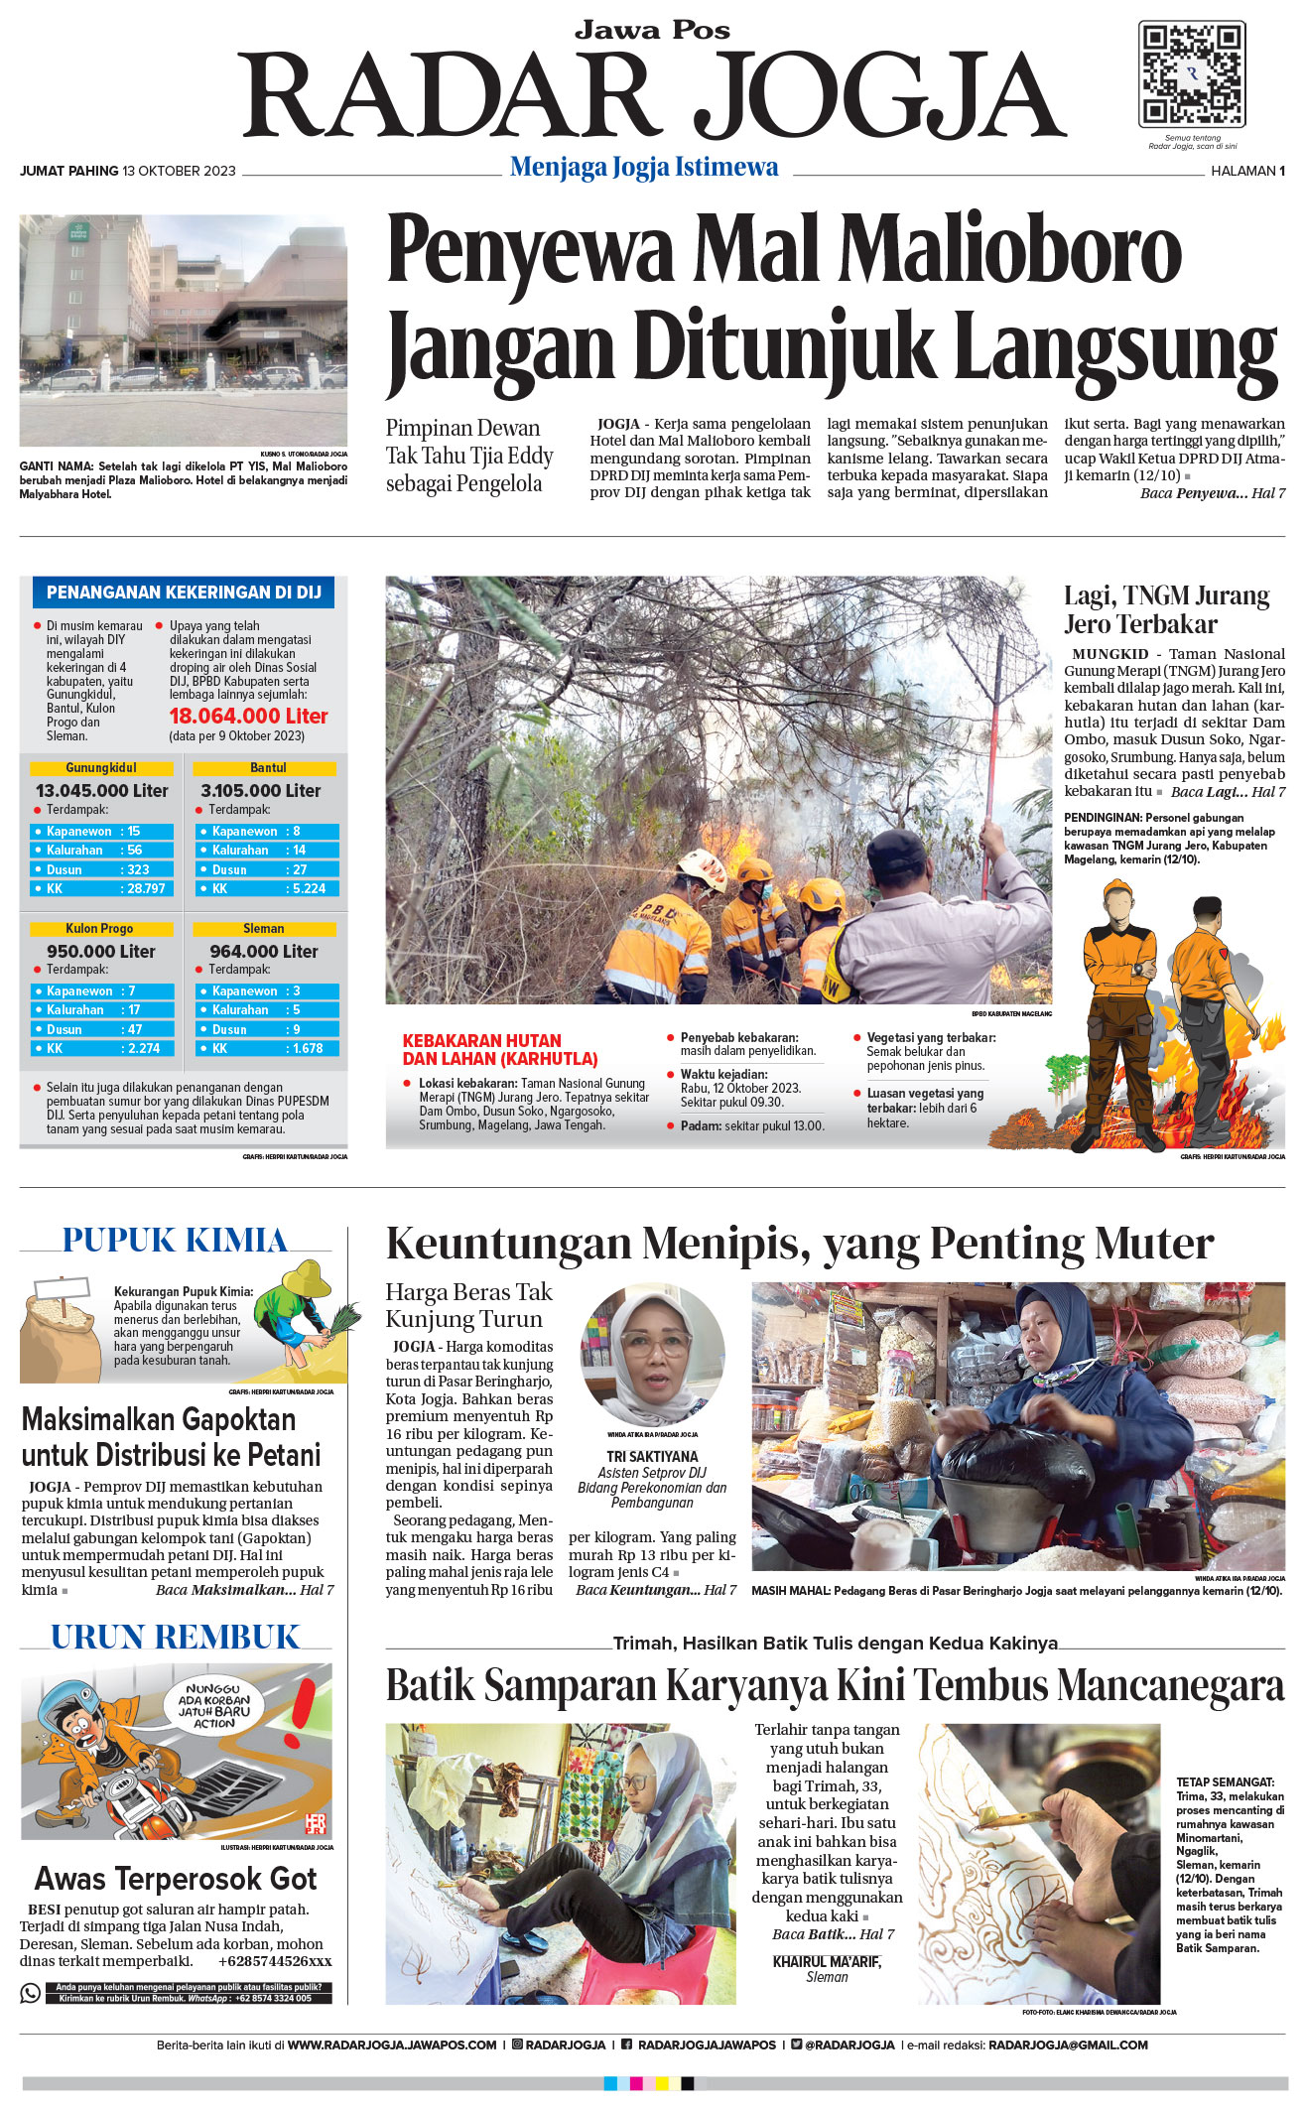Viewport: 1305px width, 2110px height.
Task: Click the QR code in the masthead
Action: (x=1192, y=73)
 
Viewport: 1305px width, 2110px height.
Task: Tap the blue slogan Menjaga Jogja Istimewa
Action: (x=644, y=167)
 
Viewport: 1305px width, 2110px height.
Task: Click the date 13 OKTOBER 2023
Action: (x=179, y=171)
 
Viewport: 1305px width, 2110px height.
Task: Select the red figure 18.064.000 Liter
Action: (x=248, y=716)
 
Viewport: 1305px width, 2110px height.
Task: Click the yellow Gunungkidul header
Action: (x=101, y=768)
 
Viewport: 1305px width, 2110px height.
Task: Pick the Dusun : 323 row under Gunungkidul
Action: (x=101, y=869)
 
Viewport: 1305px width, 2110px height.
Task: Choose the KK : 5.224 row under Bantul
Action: (x=267, y=888)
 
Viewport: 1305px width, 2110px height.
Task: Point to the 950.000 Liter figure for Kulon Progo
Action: (x=101, y=951)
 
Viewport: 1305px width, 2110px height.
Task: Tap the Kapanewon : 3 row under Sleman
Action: (x=267, y=990)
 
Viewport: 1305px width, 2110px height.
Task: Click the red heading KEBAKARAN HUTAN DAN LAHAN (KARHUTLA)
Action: (x=500, y=1049)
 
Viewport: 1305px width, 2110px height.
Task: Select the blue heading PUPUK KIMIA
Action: (x=175, y=1241)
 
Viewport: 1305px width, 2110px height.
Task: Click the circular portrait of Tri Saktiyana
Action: (x=653, y=1355)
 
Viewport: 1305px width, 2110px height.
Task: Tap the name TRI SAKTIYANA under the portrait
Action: (x=652, y=1456)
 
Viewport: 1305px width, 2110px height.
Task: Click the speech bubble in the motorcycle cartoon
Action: (x=214, y=1705)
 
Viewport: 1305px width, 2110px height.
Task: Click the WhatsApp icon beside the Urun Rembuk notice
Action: (x=31, y=1993)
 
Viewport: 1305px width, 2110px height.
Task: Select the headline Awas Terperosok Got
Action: (x=175, y=1879)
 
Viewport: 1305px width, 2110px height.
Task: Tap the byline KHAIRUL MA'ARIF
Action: (x=827, y=1962)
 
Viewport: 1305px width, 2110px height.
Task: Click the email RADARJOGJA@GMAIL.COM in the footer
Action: (x=1068, y=2044)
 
